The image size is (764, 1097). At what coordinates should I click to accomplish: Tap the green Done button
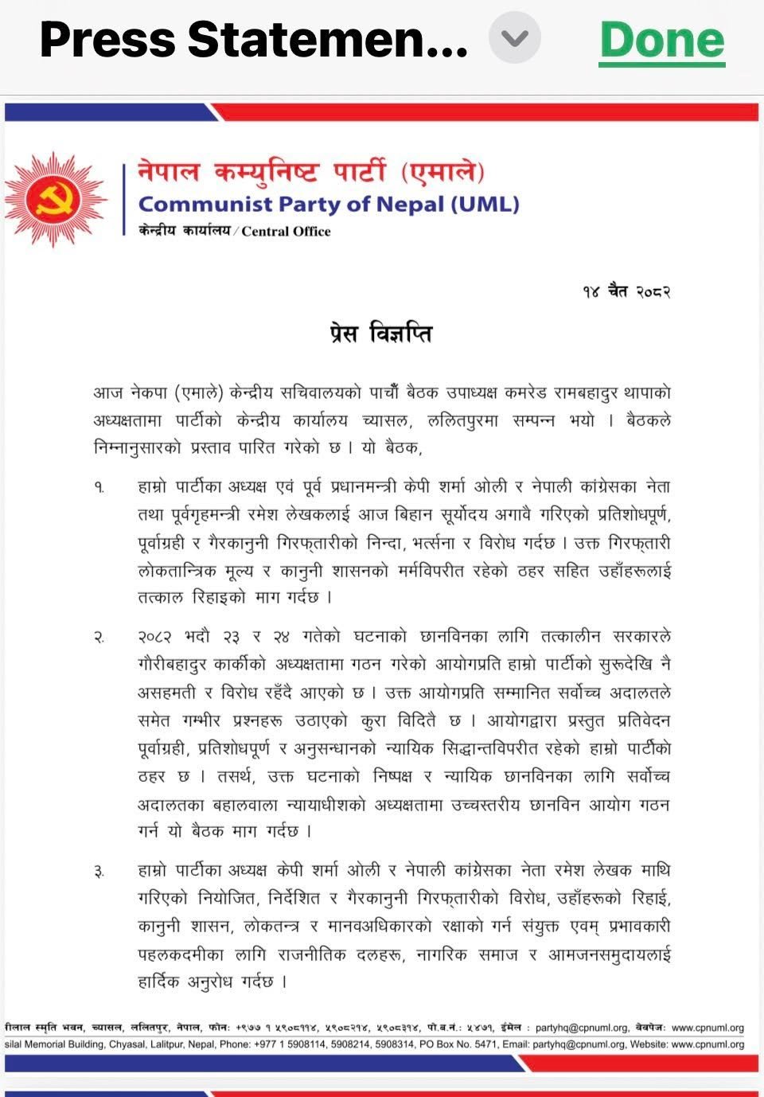point(662,41)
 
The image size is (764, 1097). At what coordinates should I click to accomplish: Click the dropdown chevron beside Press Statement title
point(515,38)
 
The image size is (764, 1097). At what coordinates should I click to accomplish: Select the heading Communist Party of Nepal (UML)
point(329,205)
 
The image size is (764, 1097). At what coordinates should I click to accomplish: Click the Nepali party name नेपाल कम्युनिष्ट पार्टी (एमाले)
point(311,170)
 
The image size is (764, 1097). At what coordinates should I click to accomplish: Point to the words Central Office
point(286,232)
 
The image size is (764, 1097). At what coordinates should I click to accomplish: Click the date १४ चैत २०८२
point(626,291)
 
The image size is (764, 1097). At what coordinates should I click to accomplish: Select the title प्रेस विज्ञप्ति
point(380,334)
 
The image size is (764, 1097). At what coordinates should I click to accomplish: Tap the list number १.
point(99,487)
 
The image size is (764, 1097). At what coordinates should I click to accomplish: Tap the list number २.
point(99,638)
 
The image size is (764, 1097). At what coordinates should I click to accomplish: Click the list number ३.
point(99,873)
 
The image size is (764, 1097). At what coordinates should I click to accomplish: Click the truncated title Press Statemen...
point(253,40)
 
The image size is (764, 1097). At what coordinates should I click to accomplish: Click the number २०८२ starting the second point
point(156,637)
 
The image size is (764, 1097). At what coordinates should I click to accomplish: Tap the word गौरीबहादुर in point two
point(179,665)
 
